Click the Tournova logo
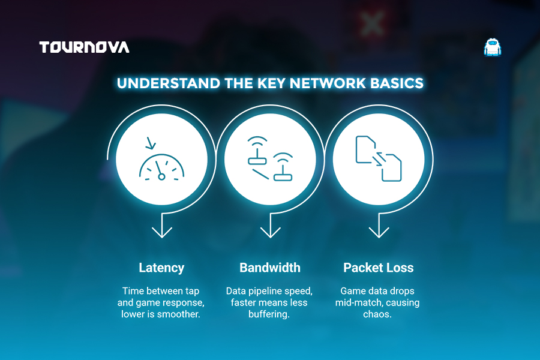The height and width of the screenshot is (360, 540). [84, 47]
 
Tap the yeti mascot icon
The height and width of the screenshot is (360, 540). [493, 47]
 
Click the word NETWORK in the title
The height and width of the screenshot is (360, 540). [328, 83]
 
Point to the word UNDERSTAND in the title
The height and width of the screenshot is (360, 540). [169, 83]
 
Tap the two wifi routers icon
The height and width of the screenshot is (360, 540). [271, 158]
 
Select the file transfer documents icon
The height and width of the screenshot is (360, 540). [379, 158]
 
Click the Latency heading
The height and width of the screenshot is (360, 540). [161, 268]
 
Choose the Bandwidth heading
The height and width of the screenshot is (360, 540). [270, 268]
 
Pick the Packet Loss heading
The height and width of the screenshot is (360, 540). [379, 268]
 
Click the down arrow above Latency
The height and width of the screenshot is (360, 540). [162, 226]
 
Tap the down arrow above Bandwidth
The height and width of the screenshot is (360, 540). [271, 226]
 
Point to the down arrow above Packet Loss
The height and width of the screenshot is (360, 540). [379, 226]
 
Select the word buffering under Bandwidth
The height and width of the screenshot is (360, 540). [269, 314]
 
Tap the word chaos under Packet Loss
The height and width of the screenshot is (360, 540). [377, 314]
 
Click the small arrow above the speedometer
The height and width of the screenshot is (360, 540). [151, 143]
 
